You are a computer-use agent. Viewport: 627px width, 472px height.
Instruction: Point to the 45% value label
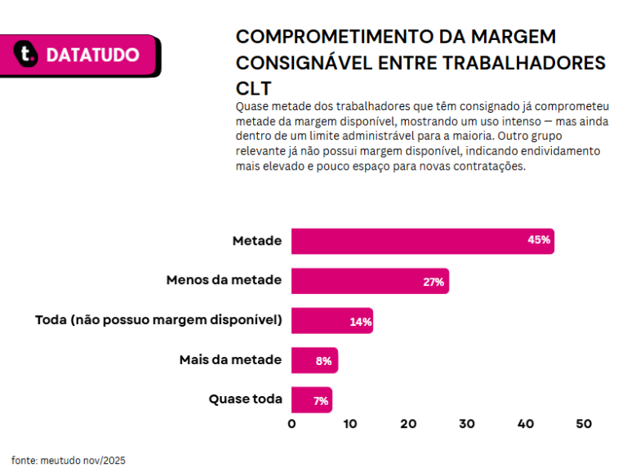coord(539,241)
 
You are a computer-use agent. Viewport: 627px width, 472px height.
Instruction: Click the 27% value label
coord(434,282)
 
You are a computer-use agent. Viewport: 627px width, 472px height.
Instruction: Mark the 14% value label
coord(360,322)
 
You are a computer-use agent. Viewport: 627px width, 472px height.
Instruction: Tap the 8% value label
coord(323,361)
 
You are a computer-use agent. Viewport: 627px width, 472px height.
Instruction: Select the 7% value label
coord(321,401)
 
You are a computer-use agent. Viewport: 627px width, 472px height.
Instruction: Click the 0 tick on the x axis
coord(291,425)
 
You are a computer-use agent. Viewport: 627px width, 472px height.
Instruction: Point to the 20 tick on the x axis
coord(408,425)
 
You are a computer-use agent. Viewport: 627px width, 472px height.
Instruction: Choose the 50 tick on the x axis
coord(583,425)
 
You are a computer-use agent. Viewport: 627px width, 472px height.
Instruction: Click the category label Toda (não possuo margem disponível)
coord(158,320)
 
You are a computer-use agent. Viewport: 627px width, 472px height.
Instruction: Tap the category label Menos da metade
coord(224,280)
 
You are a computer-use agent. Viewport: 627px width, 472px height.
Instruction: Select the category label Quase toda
coord(245,399)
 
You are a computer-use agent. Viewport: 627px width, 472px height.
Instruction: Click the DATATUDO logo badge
coord(82,55)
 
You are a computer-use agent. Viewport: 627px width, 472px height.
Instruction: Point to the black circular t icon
coord(28,55)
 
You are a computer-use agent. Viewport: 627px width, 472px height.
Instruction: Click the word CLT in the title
coord(253,88)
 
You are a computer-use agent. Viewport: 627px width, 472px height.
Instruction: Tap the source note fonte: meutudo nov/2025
coord(69,461)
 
